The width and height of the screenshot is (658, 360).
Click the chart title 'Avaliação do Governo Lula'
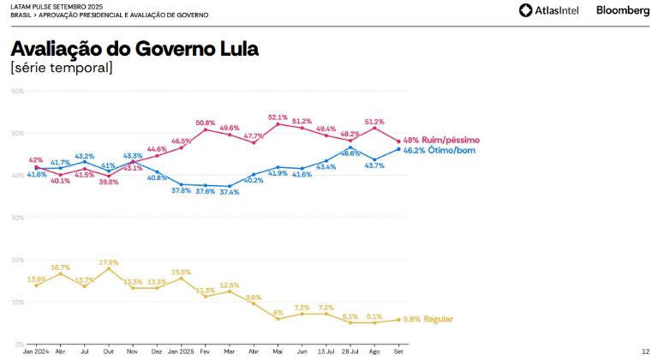tap(135, 49)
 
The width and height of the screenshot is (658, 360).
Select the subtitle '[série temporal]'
tap(61, 68)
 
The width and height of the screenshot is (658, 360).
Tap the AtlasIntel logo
tap(551, 10)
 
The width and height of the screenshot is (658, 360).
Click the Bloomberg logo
tap(623, 10)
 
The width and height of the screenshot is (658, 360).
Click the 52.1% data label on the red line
tap(278, 117)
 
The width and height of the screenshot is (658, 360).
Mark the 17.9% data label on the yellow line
tap(109, 262)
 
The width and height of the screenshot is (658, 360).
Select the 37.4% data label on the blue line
tap(230, 193)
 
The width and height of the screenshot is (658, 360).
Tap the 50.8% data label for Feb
tap(206, 123)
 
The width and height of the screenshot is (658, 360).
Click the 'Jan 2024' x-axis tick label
tap(36, 351)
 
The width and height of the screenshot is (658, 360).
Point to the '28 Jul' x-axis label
tap(350, 351)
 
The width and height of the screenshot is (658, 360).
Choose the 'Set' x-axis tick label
tap(398, 351)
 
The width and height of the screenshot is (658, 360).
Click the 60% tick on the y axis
tap(17, 91)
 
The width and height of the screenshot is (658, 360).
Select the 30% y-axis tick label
tap(17, 218)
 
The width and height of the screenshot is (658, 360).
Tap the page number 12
tap(644, 351)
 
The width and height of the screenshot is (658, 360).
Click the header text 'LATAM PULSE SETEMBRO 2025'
tap(52, 6)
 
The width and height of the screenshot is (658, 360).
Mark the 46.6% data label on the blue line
tap(350, 153)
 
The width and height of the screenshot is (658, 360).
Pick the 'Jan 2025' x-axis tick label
tap(181, 351)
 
